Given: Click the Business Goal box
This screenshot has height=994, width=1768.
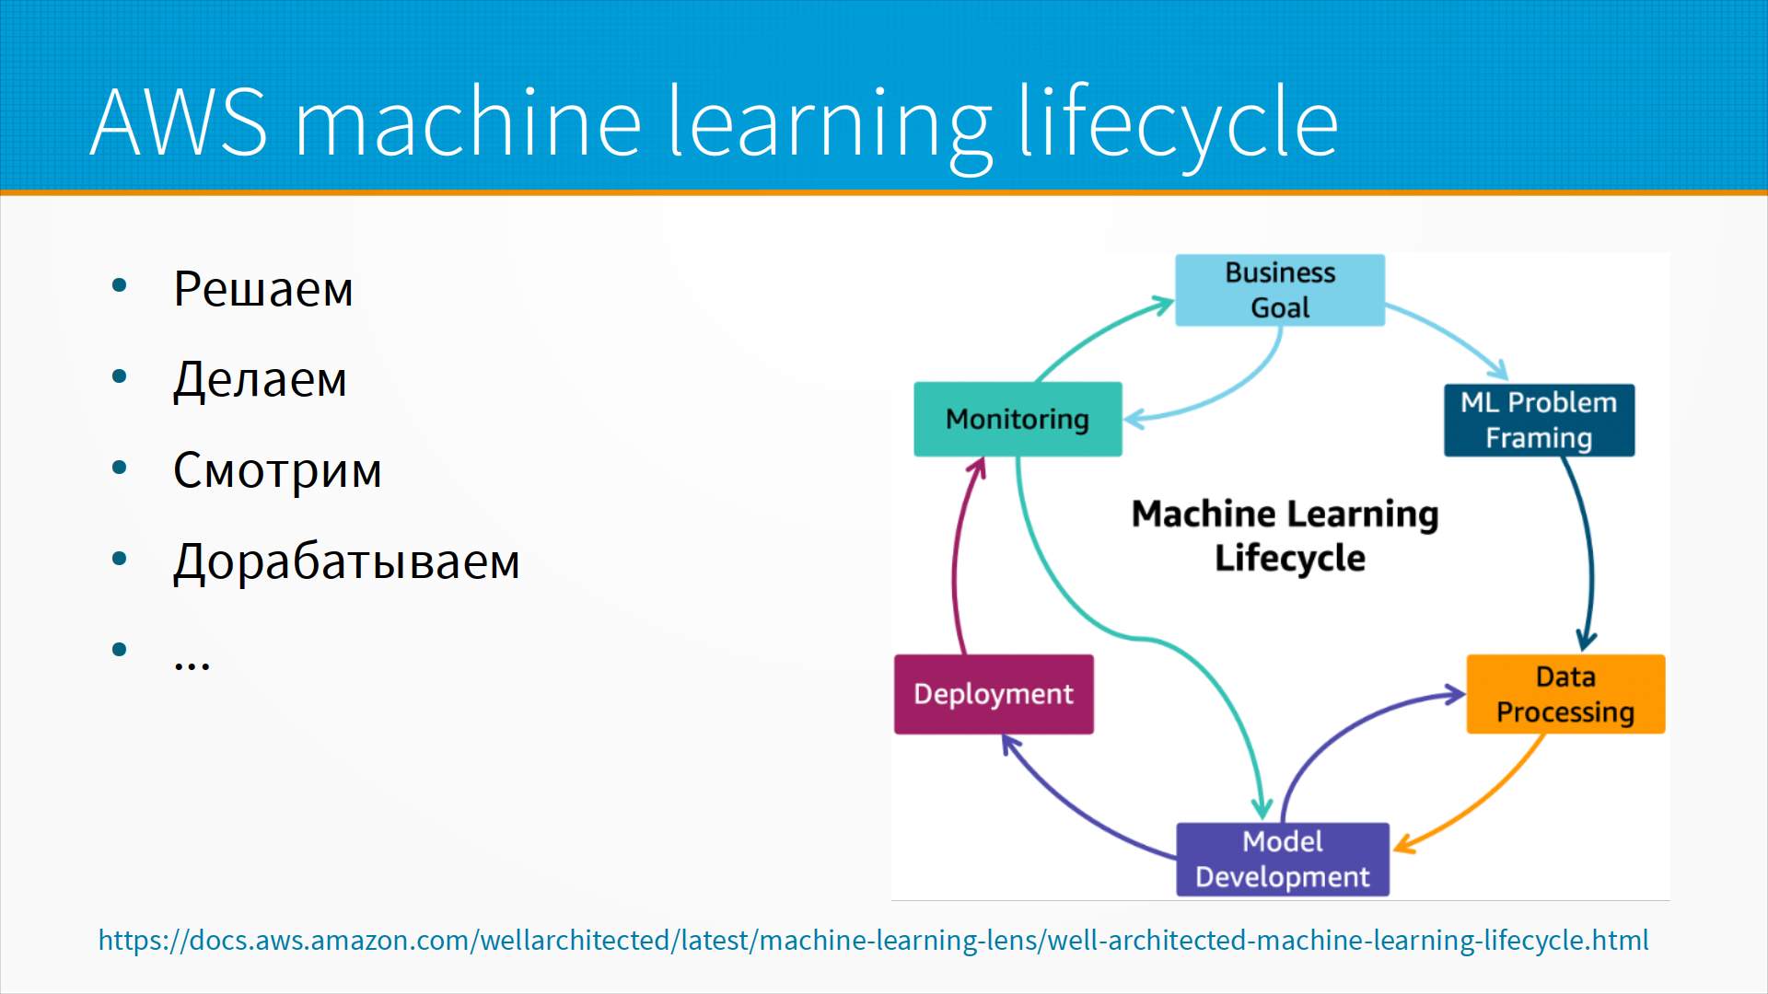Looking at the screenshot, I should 1279,290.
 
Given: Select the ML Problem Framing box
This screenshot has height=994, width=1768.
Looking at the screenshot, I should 1539,420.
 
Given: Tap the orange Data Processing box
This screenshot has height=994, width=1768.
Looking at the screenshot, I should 1565,694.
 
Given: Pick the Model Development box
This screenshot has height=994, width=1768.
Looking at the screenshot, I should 1282,859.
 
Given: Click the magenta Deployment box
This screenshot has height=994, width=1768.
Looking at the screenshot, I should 994,694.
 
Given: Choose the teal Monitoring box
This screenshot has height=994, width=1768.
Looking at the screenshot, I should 1018,420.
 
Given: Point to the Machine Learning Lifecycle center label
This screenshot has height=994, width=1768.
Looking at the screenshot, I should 1285,536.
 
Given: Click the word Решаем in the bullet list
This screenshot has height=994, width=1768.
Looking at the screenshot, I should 263,289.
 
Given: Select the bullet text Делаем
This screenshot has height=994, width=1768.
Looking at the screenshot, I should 261,379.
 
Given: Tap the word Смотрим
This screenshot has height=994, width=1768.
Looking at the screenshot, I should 277,470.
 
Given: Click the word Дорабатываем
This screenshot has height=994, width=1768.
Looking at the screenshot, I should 346,561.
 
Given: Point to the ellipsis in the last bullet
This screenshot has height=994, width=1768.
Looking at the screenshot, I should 192,663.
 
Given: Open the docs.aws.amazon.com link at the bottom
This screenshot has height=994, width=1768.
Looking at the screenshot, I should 873,940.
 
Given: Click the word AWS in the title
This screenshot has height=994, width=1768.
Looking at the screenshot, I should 179,121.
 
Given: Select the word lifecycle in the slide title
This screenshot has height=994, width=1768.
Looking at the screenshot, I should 1178,121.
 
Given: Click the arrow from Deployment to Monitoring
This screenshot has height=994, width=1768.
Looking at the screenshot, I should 956,561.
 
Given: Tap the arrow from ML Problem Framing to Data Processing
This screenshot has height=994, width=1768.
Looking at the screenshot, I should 1589,552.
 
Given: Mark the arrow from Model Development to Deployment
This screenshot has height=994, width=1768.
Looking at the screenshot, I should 1077,810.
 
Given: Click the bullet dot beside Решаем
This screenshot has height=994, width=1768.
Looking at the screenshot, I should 119,285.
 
